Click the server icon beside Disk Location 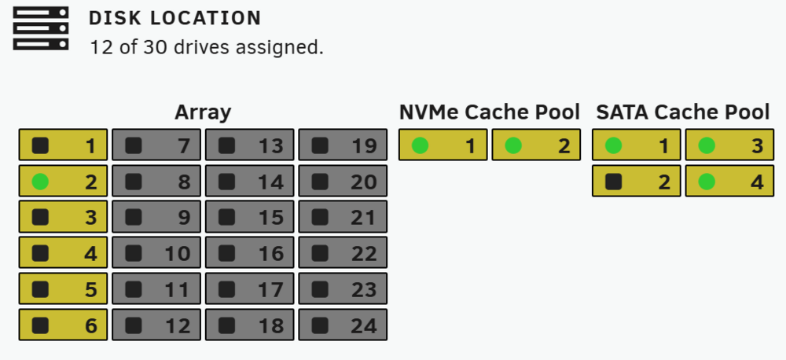click(x=41, y=28)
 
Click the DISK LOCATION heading click(x=175, y=19)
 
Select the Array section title click(x=203, y=112)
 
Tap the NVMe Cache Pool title click(x=489, y=112)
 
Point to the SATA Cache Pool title click(x=683, y=112)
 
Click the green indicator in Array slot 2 click(x=40, y=182)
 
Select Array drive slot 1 click(x=63, y=145)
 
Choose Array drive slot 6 click(x=63, y=325)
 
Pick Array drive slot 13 click(x=250, y=145)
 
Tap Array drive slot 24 click(x=343, y=325)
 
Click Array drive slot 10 click(x=156, y=253)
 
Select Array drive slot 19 click(x=343, y=145)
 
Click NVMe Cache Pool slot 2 click(x=536, y=145)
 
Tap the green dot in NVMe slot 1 click(x=420, y=146)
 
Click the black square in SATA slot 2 click(x=614, y=182)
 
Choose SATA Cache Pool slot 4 click(x=730, y=181)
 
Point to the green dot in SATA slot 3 click(x=707, y=146)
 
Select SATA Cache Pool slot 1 click(x=637, y=145)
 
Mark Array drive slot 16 click(x=250, y=253)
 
